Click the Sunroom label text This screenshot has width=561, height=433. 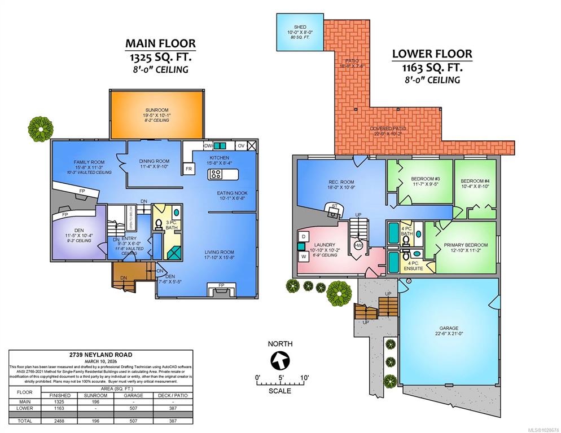tap(156, 111)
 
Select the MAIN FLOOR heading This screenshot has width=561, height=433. tap(160, 43)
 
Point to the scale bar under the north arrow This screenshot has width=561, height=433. tap(280, 383)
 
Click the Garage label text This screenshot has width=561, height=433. tap(449, 328)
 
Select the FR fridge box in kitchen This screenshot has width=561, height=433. tap(187, 168)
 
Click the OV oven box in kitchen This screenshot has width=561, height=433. tap(241, 145)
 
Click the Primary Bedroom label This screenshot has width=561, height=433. tap(462, 245)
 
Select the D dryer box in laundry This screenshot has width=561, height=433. tap(303, 236)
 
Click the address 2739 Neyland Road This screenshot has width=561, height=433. tap(101, 355)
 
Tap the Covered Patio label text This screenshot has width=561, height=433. tap(388, 129)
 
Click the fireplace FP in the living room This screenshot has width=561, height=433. tap(220, 286)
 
